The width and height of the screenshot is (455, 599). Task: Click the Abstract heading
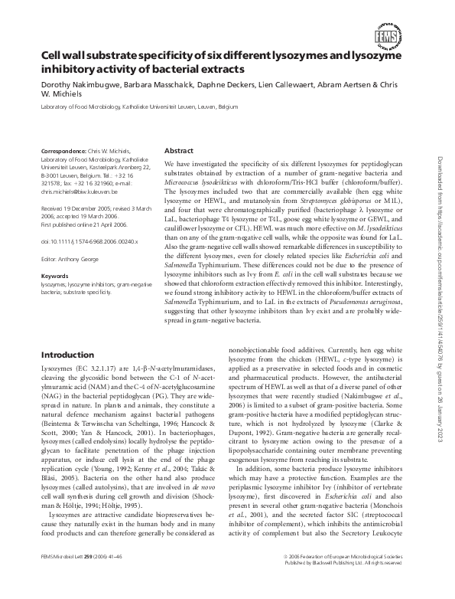(180, 151)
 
